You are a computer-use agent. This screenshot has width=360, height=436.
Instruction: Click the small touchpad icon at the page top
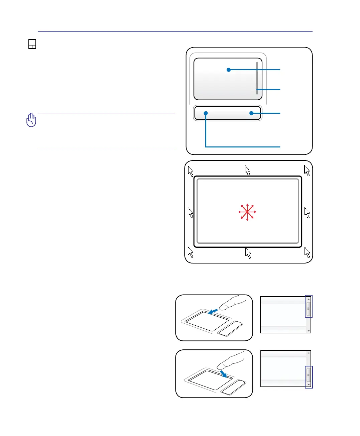tap(32, 44)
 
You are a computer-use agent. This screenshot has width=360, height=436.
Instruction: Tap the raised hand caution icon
tap(31, 120)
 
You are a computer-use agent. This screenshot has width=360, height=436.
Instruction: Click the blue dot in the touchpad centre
tap(229, 70)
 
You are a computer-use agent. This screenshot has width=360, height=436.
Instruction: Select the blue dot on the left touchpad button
tap(206, 113)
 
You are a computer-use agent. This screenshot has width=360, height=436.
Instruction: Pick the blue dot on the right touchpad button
tap(251, 113)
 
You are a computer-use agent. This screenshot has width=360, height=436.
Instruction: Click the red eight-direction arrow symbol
tap(247, 212)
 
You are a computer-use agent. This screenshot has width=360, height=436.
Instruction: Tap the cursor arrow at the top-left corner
tap(191, 171)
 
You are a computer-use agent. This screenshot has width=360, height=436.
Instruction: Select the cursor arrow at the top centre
tap(247, 170)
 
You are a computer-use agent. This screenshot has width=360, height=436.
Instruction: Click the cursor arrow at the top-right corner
tap(307, 171)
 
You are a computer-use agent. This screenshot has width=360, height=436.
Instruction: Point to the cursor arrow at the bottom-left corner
tap(191, 252)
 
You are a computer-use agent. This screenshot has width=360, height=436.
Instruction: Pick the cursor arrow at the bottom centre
tap(248, 253)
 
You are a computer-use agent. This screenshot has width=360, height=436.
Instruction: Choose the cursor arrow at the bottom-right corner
tap(307, 252)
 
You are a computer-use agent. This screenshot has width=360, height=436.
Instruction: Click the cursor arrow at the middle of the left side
tap(191, 212)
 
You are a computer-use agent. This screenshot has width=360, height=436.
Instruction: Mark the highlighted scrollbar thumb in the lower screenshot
tap(309, 376)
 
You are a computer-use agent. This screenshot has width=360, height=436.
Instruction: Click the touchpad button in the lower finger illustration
tap(233, 388)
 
